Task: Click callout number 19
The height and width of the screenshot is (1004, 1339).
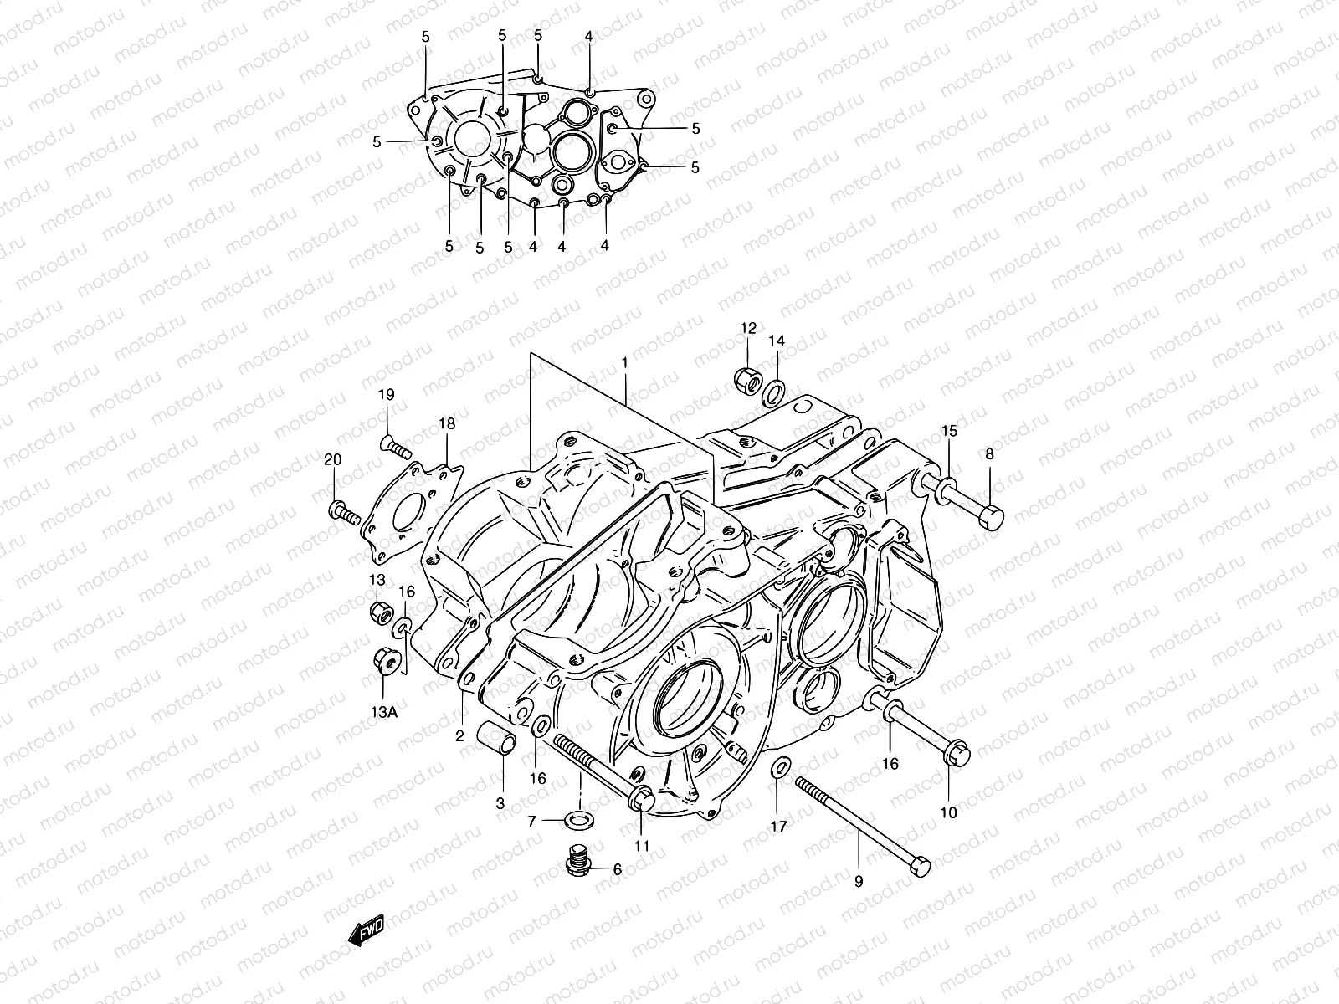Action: [x=386, y=395]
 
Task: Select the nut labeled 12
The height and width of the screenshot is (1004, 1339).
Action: [x=747, y=380]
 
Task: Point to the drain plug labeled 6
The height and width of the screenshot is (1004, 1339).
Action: [x=575, y=860]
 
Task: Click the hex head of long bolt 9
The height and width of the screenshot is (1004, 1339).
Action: [x=921, y=867]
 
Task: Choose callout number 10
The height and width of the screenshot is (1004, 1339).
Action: [x=948, y=812]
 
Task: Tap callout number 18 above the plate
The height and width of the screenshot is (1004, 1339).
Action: [x=447, y=423]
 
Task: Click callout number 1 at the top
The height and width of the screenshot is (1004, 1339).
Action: [x=624, y=363]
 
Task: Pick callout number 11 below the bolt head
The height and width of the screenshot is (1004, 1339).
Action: [x=641, y=845]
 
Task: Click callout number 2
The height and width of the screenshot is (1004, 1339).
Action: [x=459, y=736]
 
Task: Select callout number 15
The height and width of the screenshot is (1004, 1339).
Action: [x=949, y=432]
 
